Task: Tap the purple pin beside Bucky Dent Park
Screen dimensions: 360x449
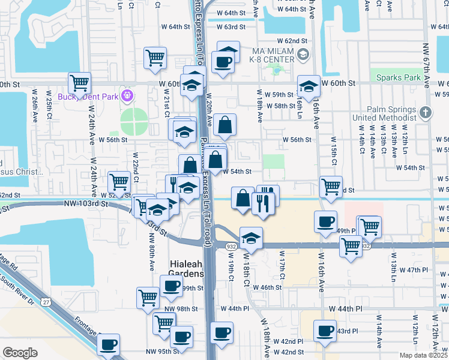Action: coord(126,95)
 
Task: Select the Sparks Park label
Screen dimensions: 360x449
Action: coord(399,78)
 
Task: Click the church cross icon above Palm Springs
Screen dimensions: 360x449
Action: coord(425,112)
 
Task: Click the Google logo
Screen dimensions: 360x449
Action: coord(20,353)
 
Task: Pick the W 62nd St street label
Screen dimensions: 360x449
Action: coord(292,39)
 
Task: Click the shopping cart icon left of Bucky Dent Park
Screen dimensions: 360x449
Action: coord(79,83)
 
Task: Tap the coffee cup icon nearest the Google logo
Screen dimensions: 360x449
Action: coord(109,345)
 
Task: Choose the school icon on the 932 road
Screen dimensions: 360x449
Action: coord(251,238)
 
